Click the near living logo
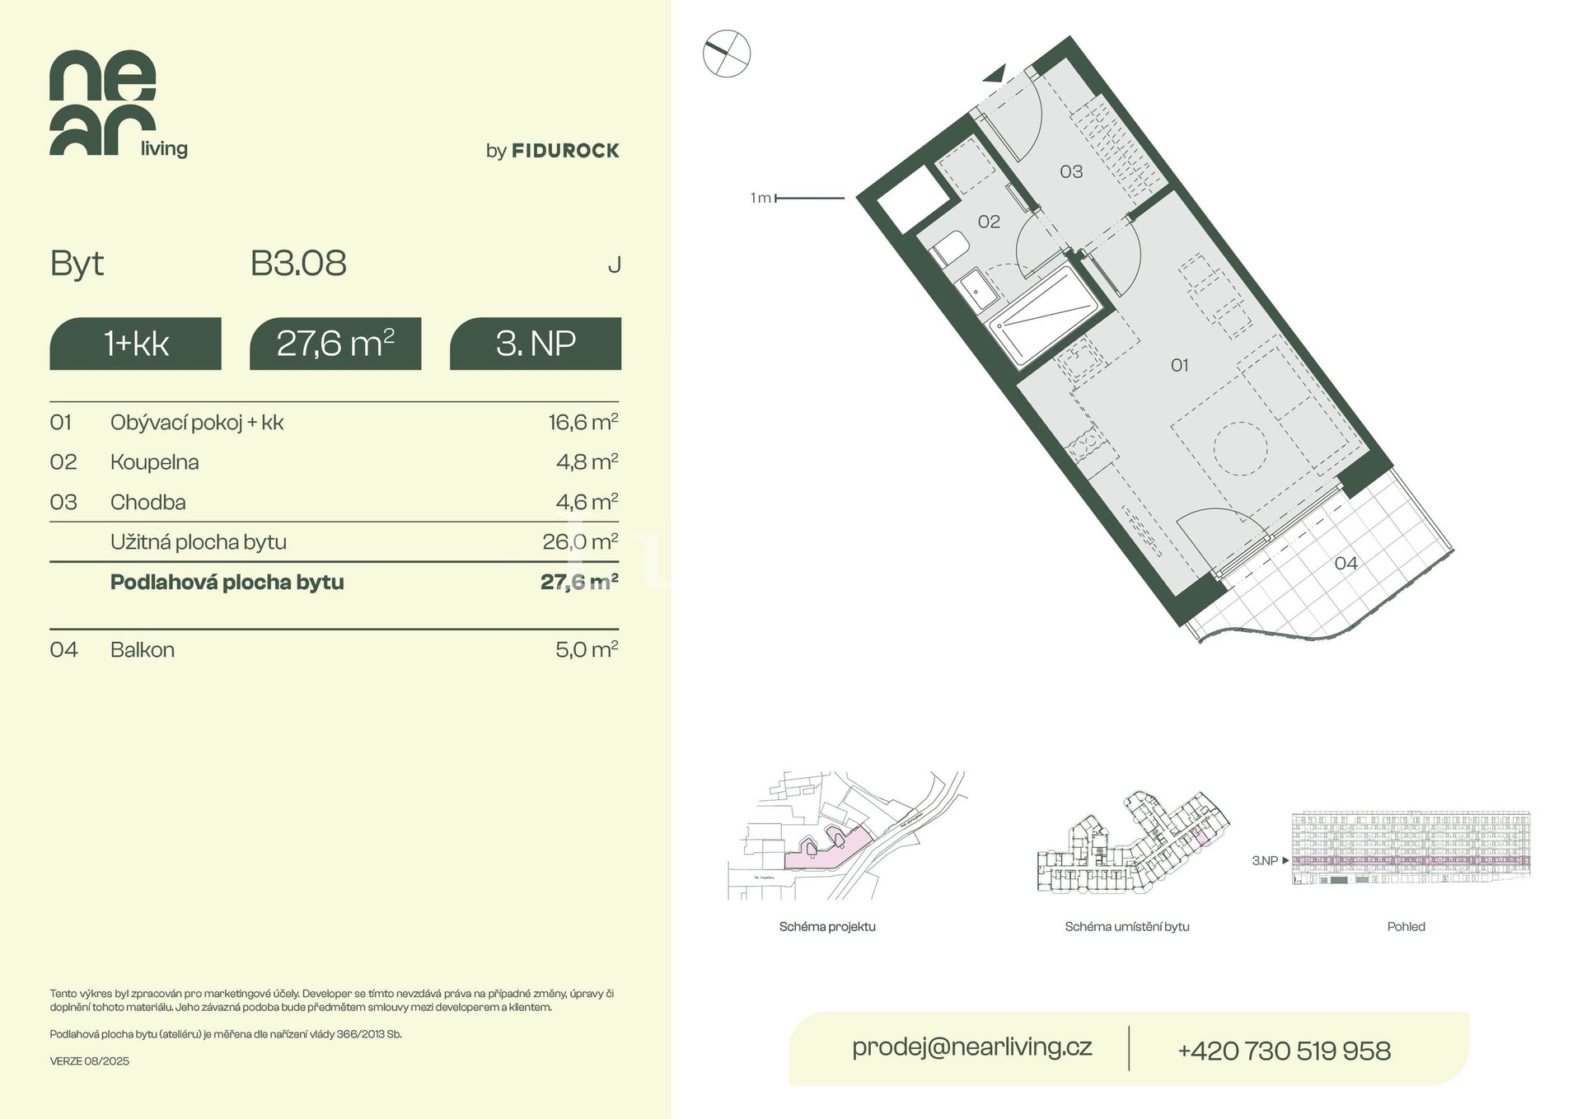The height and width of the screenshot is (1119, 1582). [x=118, y=104]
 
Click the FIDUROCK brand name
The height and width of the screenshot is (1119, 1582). [x=565, y=151]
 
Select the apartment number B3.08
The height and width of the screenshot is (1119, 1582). [x=298, y=264]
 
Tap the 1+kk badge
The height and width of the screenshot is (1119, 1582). [x=136, y=344]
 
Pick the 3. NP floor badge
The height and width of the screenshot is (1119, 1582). [x=536, y=344]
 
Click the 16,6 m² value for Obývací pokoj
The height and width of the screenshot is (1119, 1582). [x=583, y=422]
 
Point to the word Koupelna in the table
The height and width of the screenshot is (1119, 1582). [x=155, y=462]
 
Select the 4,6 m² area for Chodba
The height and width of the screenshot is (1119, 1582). [x=587, y=502]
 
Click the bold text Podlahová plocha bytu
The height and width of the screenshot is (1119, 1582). [x=227, y=582]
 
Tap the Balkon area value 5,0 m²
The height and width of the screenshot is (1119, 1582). [x=587, y=649]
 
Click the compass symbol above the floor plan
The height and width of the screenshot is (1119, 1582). [x=727, y=54]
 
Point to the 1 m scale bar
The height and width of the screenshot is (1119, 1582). [x=810, y=199]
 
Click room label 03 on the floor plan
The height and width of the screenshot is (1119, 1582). [x=1071, y=171]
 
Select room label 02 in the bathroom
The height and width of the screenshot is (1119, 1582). [x=989, y=222]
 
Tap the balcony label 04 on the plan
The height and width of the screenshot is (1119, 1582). [x=1346, y=563]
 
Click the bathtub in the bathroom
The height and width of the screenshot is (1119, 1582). [x=1044, y=316]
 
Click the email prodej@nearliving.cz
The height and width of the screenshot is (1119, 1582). [x=972, y=1047]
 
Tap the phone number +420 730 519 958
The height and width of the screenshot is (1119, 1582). [x=1284, y=1051]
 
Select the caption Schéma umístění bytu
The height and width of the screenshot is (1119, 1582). [x=1127, y=927]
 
